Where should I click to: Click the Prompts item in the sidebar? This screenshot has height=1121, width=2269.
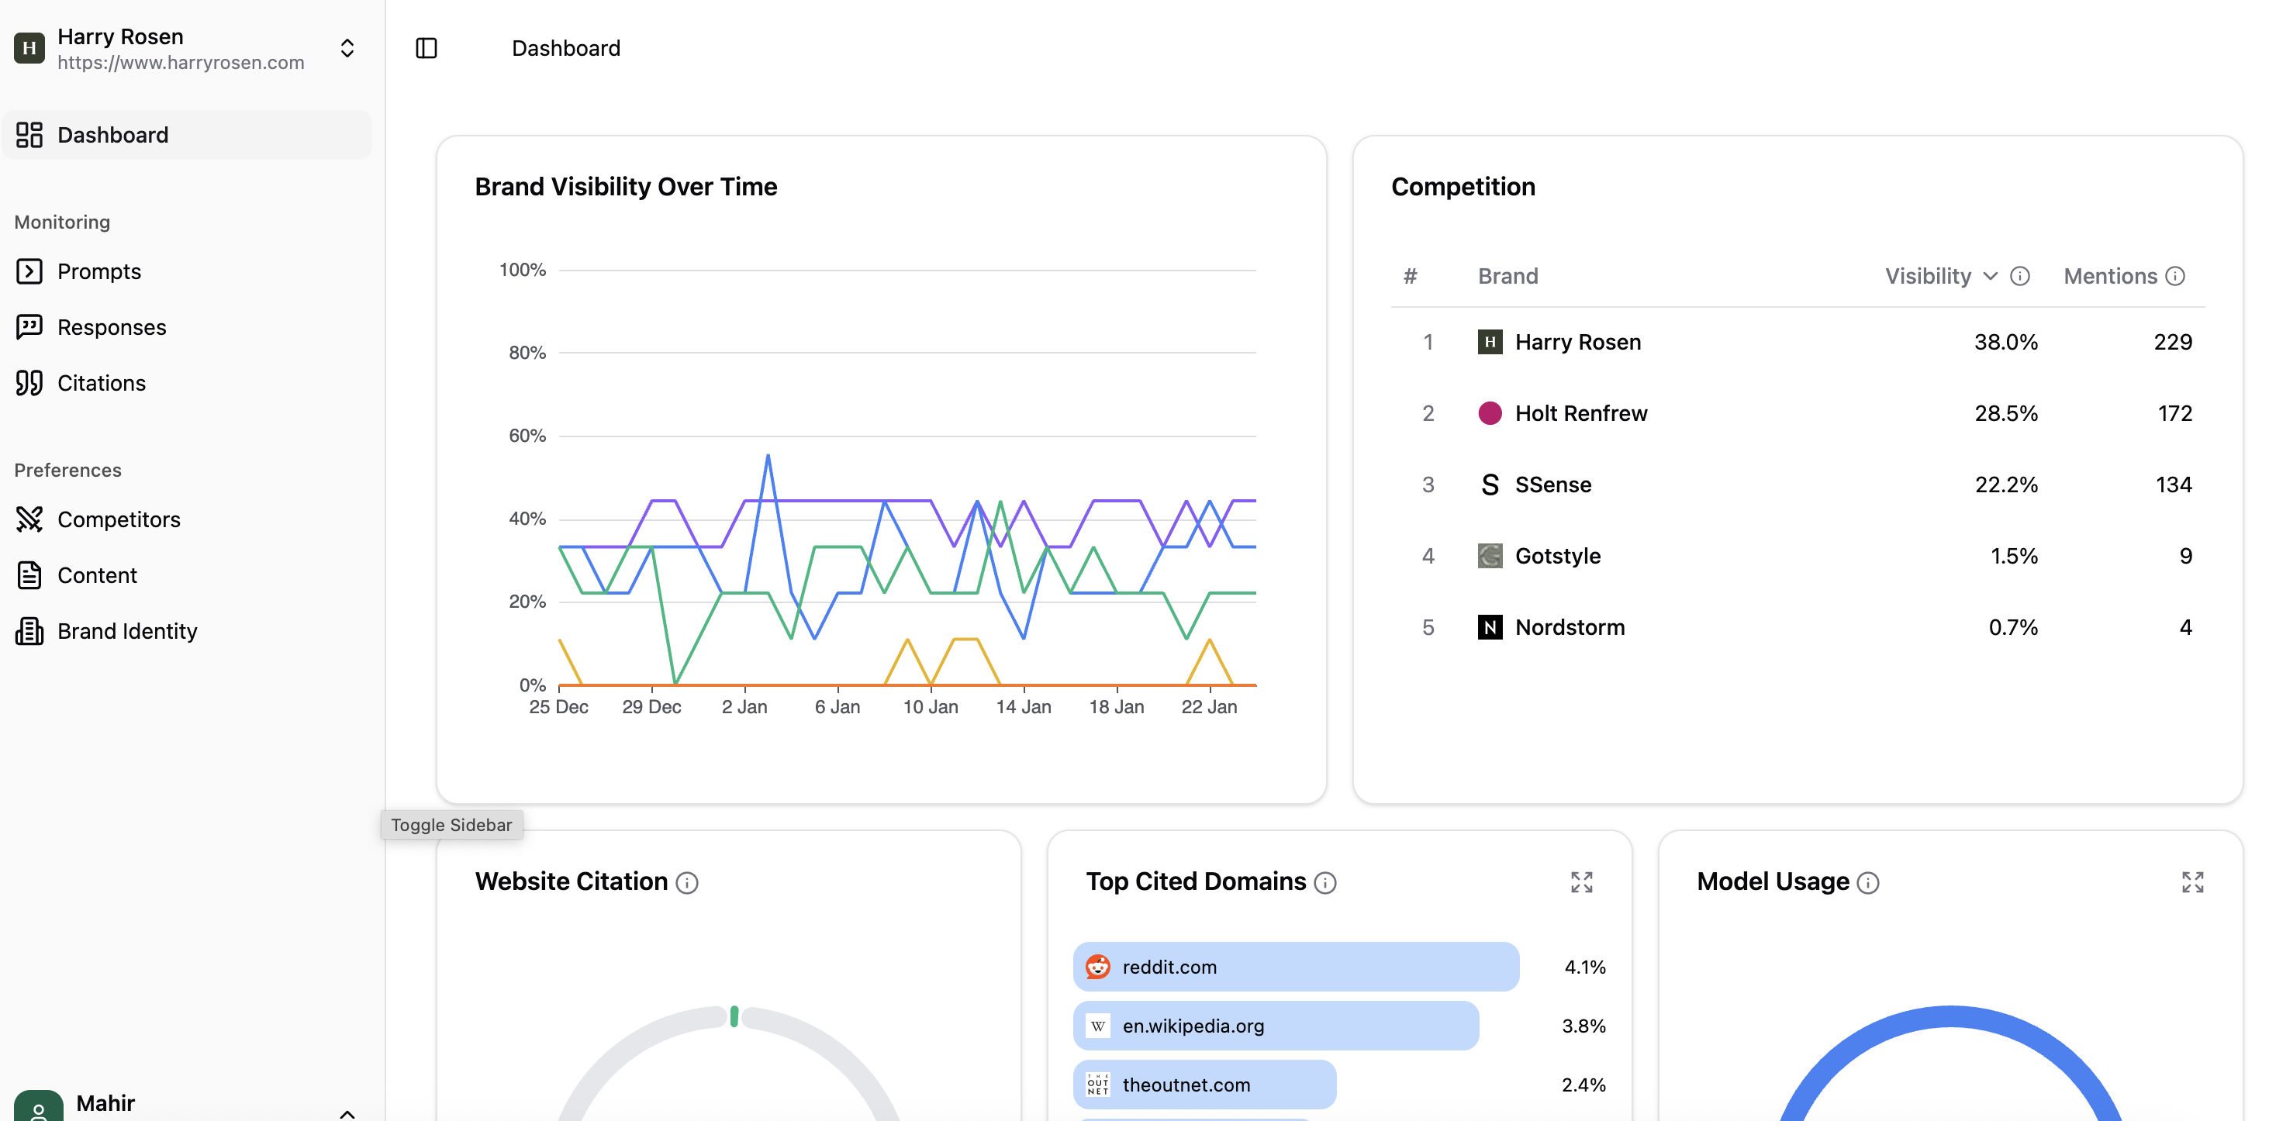click(x=98, y=271)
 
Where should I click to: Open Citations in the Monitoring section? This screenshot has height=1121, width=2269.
click(x=102, y=383)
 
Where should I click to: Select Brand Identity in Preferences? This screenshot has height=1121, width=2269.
click(x=127, y=631)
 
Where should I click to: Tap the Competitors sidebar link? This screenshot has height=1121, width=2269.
click(x=118, y=519)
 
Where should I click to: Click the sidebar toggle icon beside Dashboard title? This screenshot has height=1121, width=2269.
click(x=427, y=48)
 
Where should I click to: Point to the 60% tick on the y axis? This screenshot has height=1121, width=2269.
click(x=527, y=436)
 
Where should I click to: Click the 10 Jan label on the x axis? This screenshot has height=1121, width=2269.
click(x=930, y=707)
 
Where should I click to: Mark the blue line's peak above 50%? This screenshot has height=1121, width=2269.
click(x=768, y=456)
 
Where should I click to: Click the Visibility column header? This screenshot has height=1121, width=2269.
click(x=1927, y=277)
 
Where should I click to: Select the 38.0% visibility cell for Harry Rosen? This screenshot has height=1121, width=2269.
click(x=2005, y=342)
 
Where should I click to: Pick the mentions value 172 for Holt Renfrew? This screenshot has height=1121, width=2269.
click(x=2174, y=413)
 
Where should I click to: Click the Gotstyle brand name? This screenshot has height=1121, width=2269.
click(x=1557, y=556)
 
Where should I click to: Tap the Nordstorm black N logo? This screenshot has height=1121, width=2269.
click(x=1490, y=627)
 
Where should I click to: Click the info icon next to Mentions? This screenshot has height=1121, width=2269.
click(x=2174, y=277)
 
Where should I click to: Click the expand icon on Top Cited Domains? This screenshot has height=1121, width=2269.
click(x=1581, y=882)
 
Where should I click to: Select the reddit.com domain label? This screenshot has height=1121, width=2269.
click(x=1169, y=967)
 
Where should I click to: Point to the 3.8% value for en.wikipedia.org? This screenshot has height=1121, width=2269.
click(x=1583, y=1026)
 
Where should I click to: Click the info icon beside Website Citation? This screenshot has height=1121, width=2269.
click(x=687, y=882)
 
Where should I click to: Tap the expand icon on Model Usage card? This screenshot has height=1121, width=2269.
click(x=2191, y=882)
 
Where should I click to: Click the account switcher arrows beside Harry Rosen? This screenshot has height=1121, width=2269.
click(x=347, y=48)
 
